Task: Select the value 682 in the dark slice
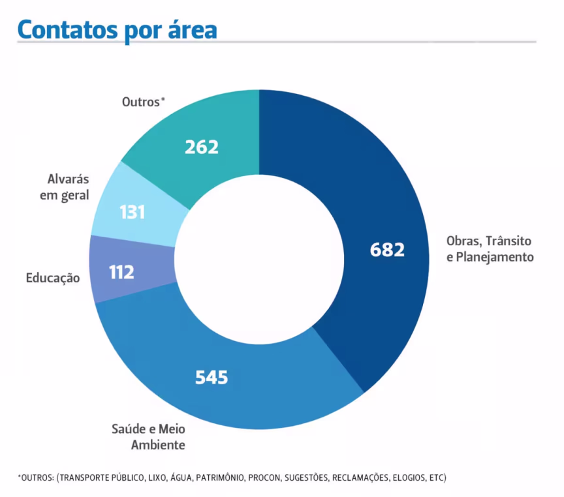pyautogui.click(x=387, y=250)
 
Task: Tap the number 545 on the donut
pyautogui.click(x=211, y=377)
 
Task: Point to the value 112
pyautogui.click(x=121, y=272)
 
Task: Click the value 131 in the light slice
pyautogui.click(x=132, y=213)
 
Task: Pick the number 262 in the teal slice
pyautogui.click(x=201, y=147)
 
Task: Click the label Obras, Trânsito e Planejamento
pyautogui.click(x=490, y=248)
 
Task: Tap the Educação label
pyautogui.click(x=53, y=278)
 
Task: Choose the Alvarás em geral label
pyautogui.click(x=68, y=187)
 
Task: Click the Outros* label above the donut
pyautogui.click(x=143, y=102)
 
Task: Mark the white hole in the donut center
pyautogui.click(x=259, y=259)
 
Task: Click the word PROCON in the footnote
pyautogui.click(x=264, y=477)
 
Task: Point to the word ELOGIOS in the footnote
pyautogui.click(x=408, y=477)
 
